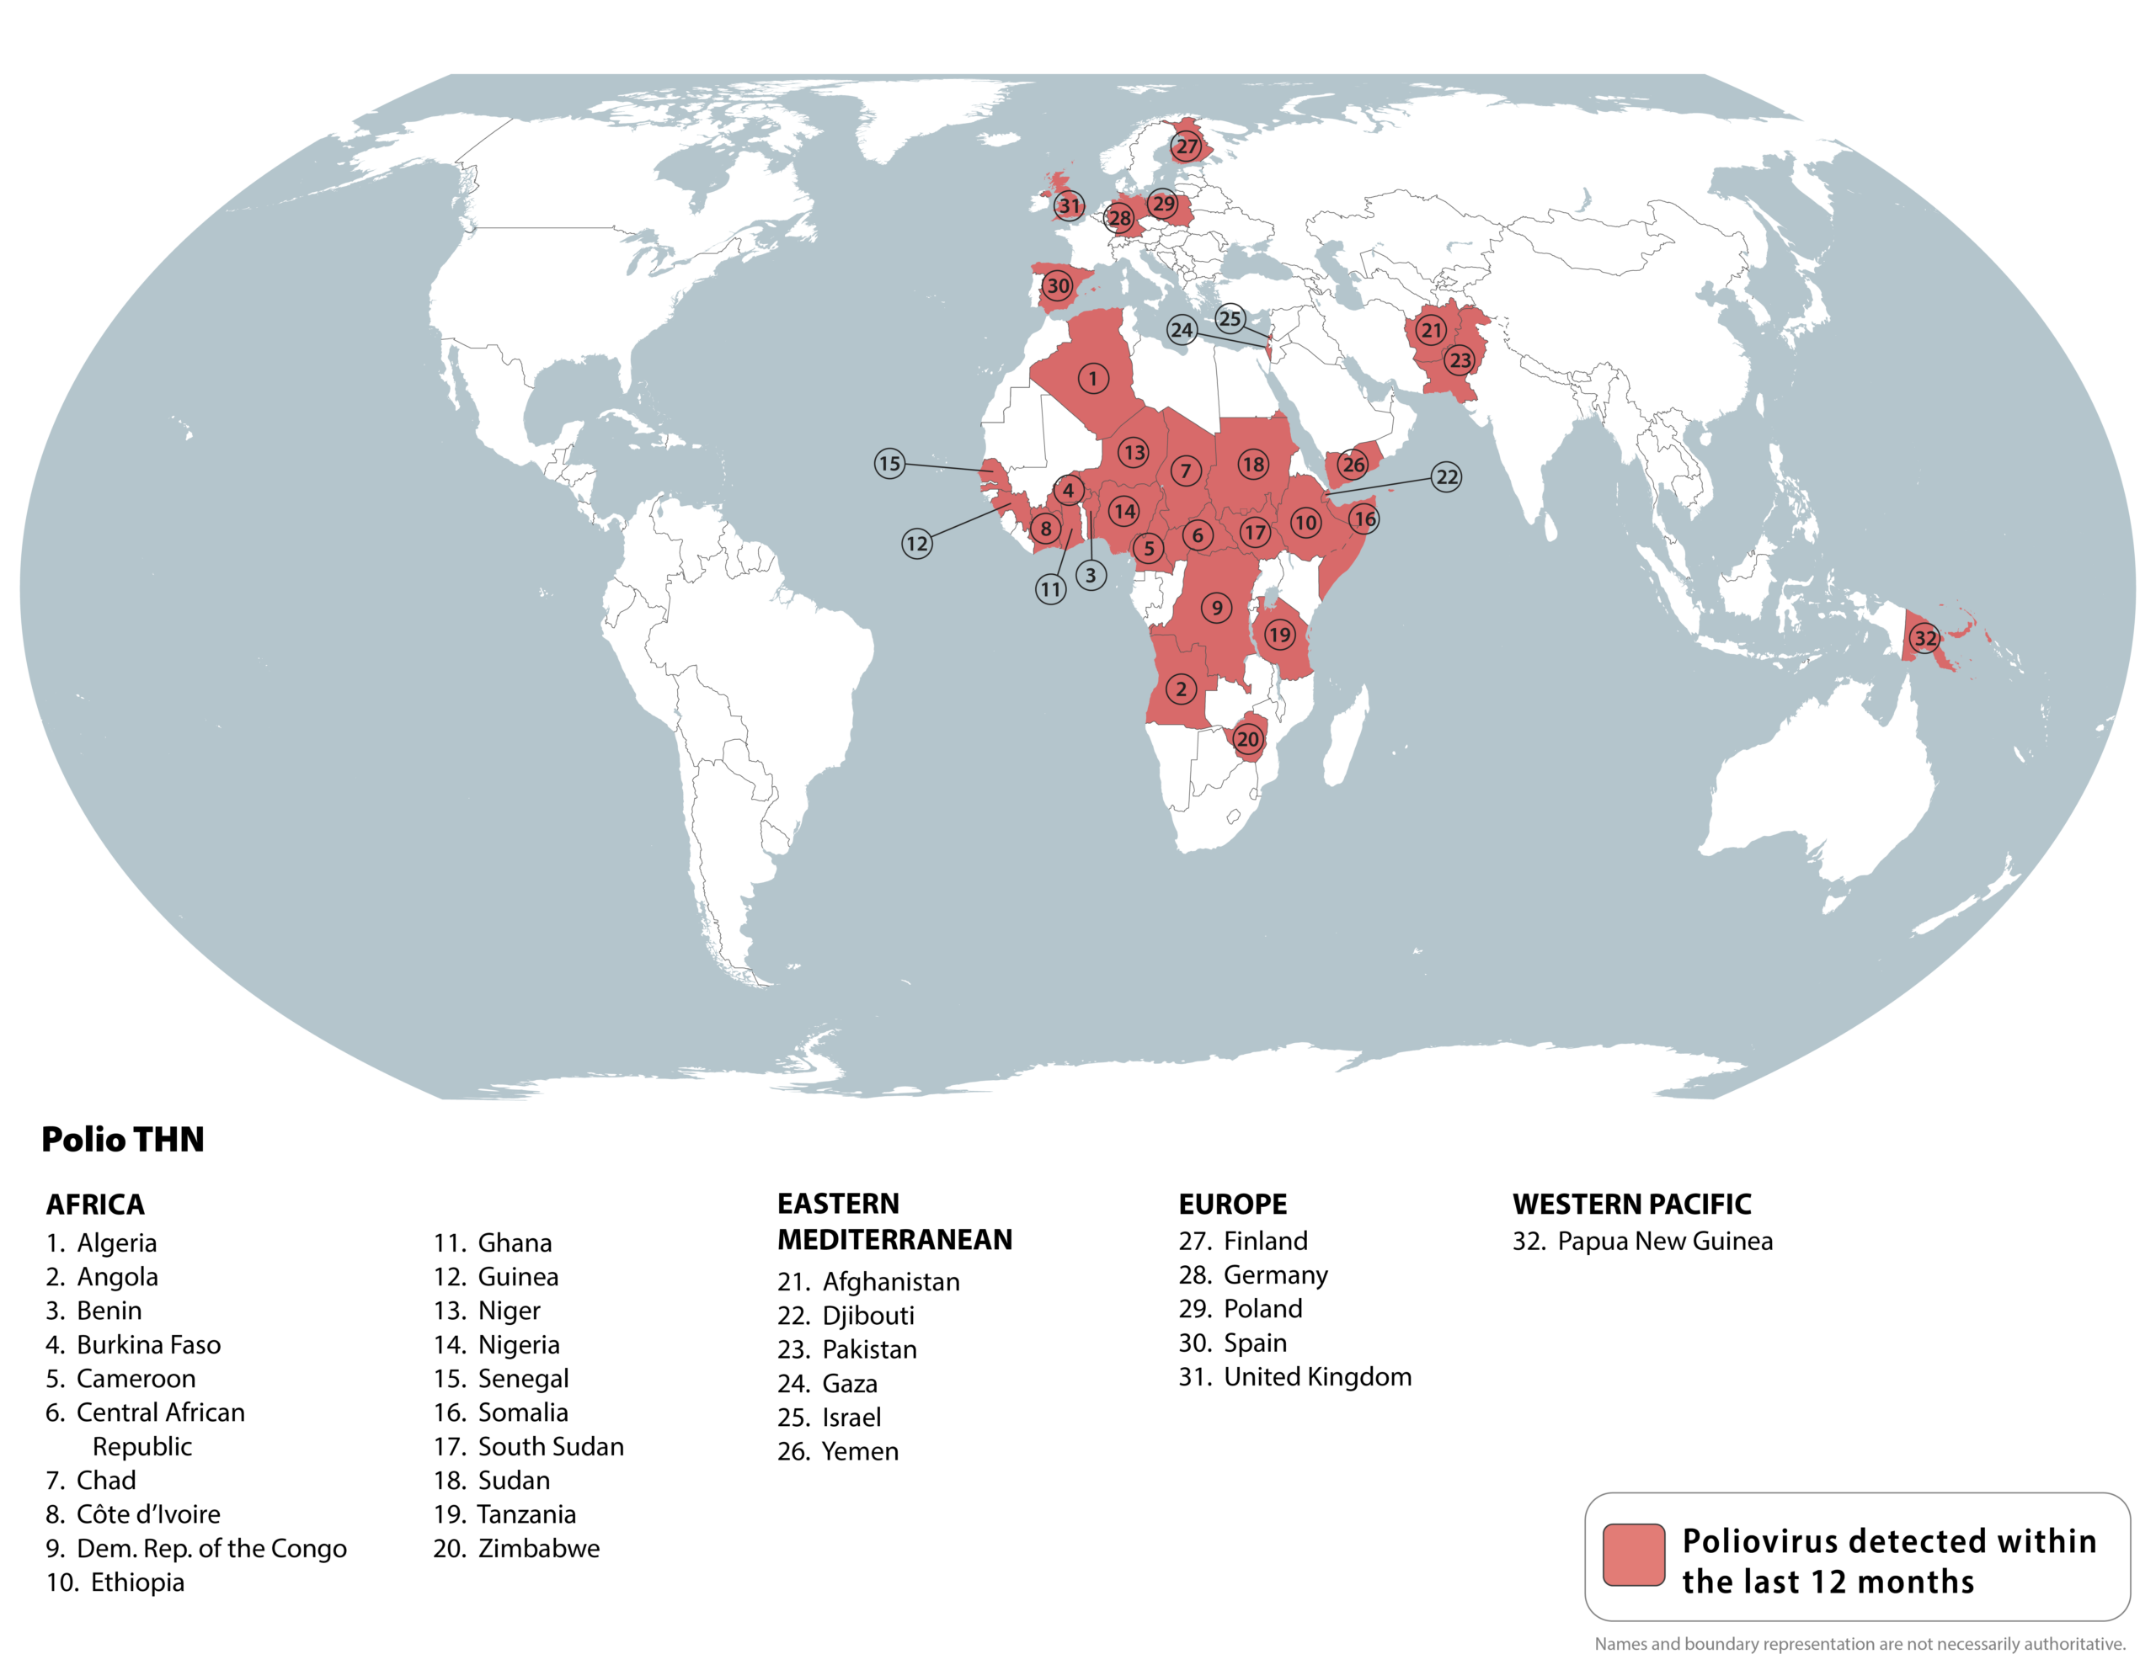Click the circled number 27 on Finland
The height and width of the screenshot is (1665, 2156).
(1186, 147)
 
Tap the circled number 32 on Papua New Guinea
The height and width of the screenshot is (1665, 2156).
(1925, 637)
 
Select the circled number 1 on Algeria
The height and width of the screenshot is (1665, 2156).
(1093, 378)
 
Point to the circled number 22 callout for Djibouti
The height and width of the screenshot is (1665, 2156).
(1446, 477)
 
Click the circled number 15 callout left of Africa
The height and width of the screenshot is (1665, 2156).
(889, 463)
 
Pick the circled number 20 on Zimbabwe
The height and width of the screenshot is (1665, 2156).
(1248, 738)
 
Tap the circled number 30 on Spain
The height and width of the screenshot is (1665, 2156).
(1057, 286)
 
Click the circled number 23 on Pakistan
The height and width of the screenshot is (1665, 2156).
(1460, 360)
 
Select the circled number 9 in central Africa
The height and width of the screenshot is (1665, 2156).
(1216, 608)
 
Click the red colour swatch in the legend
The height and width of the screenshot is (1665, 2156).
(1634, 1556)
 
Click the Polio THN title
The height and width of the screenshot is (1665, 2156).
(122, 1139)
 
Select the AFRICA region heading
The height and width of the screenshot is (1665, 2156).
(95, 1204)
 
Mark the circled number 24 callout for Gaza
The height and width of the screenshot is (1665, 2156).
(1182, 330)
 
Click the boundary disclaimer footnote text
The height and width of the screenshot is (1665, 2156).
(1859, 1643)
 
